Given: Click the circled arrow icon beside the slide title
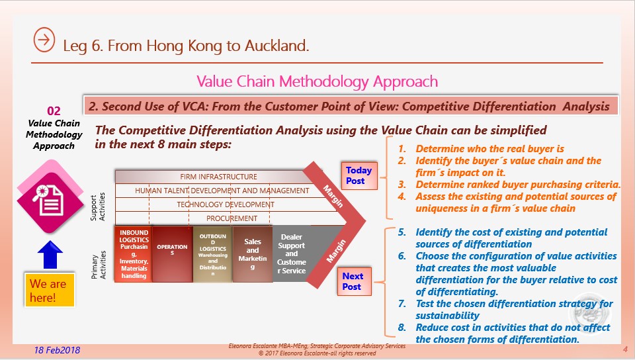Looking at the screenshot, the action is coord(44,40).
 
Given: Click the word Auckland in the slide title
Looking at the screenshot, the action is coord(276,46).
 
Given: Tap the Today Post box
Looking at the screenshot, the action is coord(359,176).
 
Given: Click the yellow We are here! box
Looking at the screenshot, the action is coord(50,291).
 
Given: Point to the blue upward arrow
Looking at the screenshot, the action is coord(50,255).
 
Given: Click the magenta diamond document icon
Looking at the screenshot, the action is coord(50,197).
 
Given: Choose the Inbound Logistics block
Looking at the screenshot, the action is coord(134,254).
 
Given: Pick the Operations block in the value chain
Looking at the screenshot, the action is coord(172,254).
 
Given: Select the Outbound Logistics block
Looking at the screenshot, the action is coord(212,254).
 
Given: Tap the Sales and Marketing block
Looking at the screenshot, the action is coord(252,254).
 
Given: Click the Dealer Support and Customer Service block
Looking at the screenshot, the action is coord(291,254).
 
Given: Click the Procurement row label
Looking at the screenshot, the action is coord(232,218).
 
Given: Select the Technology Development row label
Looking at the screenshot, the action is coord(226,205).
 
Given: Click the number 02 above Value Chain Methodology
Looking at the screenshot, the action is coord(54,111).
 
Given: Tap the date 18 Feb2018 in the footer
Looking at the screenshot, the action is coord(57,350).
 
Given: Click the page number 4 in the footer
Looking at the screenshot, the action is coord(625,349).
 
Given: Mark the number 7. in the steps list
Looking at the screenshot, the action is coord(402,304).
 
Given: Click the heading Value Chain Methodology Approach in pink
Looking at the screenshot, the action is coord(317,82).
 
